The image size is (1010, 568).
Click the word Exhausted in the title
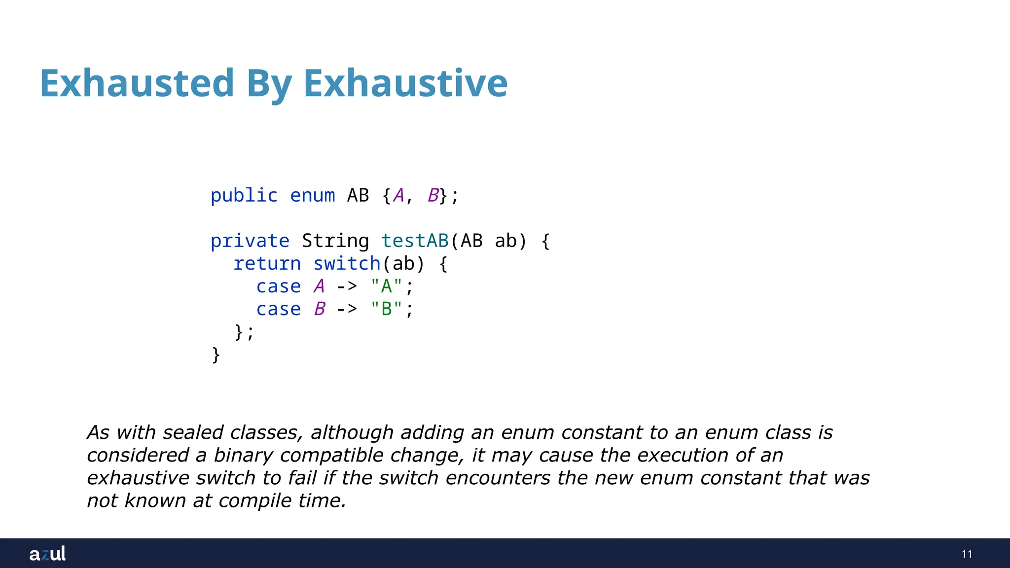pyautogui.click(x=137, y=83)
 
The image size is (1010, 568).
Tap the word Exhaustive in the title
pyautogui.click(x=405, y=83)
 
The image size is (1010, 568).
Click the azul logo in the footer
pyautogui.click(x=47, y=554)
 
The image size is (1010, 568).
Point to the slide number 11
pyautogui.click(x=967, y=554)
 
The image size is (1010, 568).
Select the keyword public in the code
pyautogui.click(x=244, y=196)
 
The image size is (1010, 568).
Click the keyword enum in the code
pyautogui.click(x=312, y=196)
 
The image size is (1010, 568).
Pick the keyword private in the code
pyautogui.click(x=250, y=241)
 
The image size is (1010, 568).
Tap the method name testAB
pyautogui.click(x=414, y=241)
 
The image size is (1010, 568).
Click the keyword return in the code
pyautogui.click(x=267, y=264)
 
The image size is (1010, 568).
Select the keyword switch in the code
pyautogui.click(x=347, y=264)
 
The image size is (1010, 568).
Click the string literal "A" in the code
pyautogui.click(x=386, y=286)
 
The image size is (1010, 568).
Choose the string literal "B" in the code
pyautogui.click(x=386, y=309)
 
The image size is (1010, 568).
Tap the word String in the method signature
pyautogui.click(x=335, y=241)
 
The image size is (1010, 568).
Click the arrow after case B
pyautogui.click(x=347, y=309)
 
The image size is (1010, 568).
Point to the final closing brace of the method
pyautogui.click(x=216, y=355)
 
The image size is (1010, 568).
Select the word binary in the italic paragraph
pyautogui.click(x=243, y=455)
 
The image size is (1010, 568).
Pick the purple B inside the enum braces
pyautogui.click(x=433, y=196)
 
